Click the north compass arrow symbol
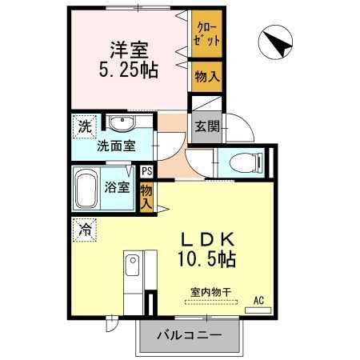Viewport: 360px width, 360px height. coord(277,42)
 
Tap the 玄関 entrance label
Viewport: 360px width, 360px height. coord(204,126)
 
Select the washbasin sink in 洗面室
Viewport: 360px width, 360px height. coord(121,125)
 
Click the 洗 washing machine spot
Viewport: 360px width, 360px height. coord(83,126)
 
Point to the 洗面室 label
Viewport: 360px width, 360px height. coord(117,146)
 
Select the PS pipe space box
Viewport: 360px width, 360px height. coord(146,171)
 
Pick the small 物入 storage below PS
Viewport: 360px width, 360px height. coord(146,196)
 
